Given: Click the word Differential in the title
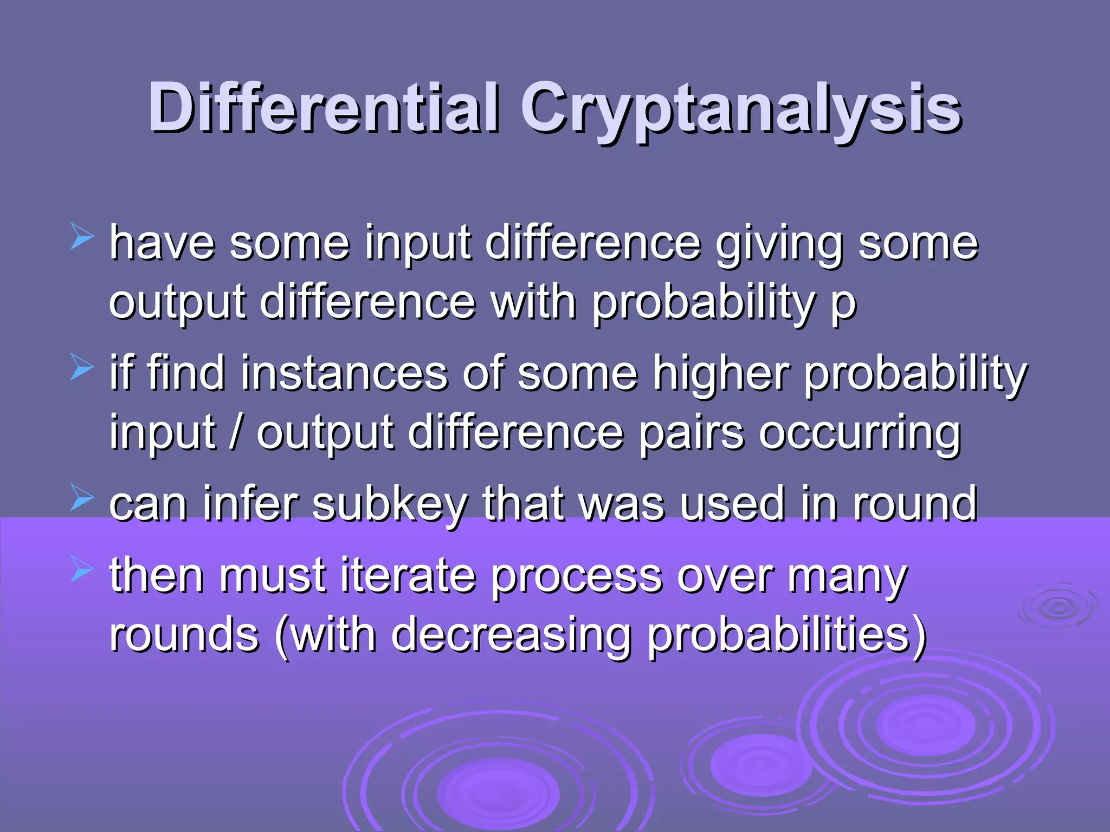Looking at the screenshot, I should [x=324, y=108].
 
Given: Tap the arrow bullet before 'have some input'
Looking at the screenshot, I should [x=82, y=238].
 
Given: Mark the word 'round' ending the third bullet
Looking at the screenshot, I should [x=915, y=504].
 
